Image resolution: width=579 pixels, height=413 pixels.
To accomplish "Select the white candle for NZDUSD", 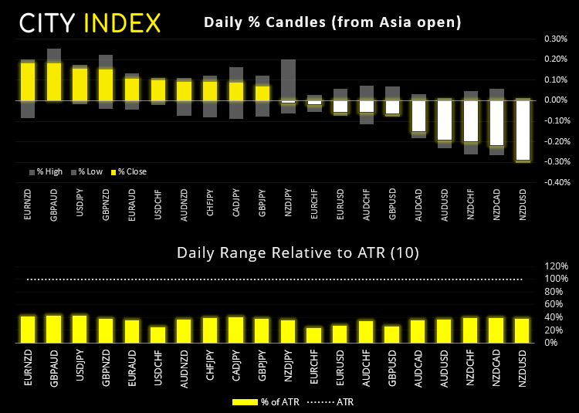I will [523, 130].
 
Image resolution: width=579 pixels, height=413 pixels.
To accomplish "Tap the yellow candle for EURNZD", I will [28, 81].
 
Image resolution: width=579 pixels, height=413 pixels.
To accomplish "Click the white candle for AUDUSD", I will [445, 120].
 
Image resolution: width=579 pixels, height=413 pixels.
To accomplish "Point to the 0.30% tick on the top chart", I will [554, 38].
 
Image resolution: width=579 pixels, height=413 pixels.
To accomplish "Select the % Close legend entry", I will [130, 171].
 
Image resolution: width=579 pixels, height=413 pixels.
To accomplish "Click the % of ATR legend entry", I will [269, 401].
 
